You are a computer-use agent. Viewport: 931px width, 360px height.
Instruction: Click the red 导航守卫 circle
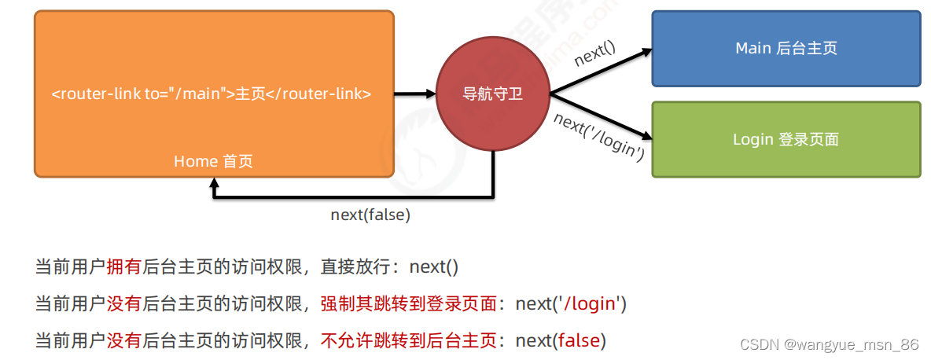pyautogui.click(x=493, y=94)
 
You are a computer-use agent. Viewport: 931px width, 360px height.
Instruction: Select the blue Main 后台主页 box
pyautogui.click(x=786, y=48)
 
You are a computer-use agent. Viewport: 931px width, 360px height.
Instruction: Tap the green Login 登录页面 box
pyautogui.click(x=786, y=139)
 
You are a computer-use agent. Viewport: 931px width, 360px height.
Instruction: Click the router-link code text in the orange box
pyautogui.click(x=212, y=94)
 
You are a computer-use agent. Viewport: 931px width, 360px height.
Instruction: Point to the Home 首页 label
pyautogui.click(x=213, y=161)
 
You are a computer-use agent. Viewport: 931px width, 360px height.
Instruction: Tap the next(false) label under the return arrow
pyautogui.click(x=370, y=214)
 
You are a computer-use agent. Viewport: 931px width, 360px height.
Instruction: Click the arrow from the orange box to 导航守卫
pyautogui.click(x=414, y=94)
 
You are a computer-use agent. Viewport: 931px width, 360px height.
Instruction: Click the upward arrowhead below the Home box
pyautogui.click(x=214, y=184)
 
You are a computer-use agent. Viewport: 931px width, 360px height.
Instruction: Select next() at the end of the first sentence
pyautogui.click(x=433, y=266)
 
